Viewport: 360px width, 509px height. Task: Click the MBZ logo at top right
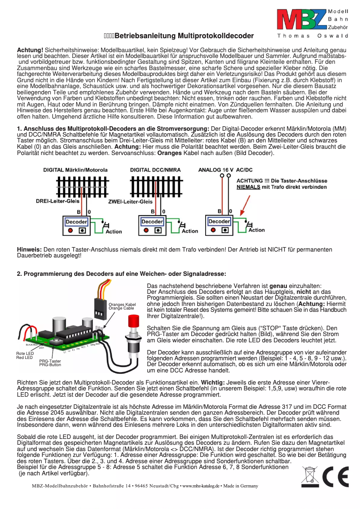point(301,20)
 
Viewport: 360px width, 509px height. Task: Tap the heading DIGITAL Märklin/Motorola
point(75,170)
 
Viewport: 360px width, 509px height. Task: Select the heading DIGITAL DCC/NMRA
point(155,170)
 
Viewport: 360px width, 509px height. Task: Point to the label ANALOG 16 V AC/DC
point(225,170)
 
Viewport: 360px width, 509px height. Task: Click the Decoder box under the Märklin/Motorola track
point(76,222)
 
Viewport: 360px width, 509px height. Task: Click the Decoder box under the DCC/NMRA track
point(152,222)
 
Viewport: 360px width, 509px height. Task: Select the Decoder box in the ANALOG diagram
point(219,221)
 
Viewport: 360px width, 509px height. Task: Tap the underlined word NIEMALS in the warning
point(248,186)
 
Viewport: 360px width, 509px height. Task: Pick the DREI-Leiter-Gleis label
point(58,201)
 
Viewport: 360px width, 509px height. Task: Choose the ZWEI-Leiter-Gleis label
point(130,202)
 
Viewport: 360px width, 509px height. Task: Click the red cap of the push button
point(133,322)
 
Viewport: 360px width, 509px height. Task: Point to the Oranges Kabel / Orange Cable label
point(122,306)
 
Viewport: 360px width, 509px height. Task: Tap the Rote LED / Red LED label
point(25,355)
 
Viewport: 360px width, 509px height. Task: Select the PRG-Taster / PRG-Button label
point(50,363)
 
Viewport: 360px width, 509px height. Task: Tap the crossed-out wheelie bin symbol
point(309,477)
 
